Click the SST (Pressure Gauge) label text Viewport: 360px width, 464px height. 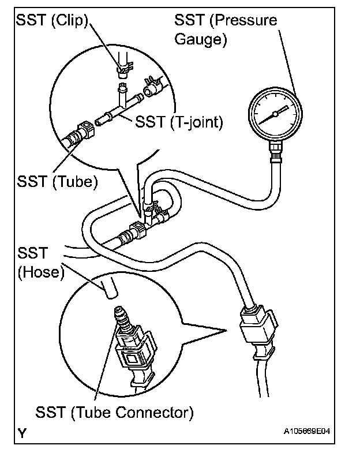(226, 29)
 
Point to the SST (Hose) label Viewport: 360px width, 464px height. (39, 262)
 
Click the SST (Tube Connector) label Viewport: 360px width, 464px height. (114, 413)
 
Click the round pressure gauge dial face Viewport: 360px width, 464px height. (275, 114)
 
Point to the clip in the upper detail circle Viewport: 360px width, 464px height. (122, 70)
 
